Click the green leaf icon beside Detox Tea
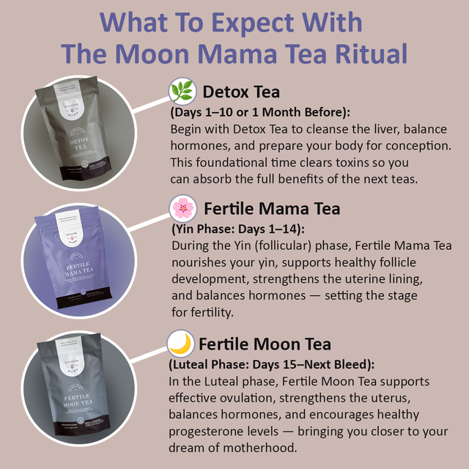tap(182, 92)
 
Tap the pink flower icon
tap(183, 209)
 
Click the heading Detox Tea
tap(242, 92)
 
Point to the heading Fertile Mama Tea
tap(272, 209)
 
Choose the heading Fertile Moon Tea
tap(265, 344)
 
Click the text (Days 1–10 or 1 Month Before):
tap(260, 113)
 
